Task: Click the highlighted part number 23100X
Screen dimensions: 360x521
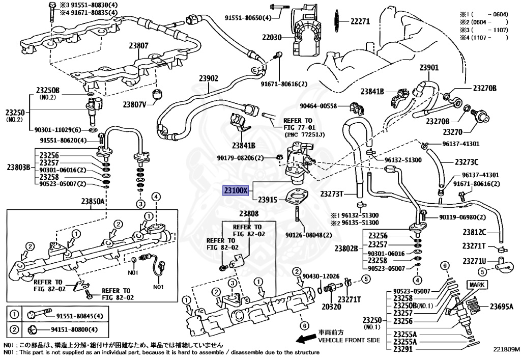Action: [x=235, y=191]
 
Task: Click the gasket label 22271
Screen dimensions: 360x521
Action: [x=359, y=21]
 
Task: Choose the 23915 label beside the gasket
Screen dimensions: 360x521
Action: [x=268, y=200]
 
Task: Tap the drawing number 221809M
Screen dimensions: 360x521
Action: [x=506, y=350]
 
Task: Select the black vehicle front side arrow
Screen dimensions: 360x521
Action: [x=305, y=339]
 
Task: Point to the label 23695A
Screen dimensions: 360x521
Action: [x=501, y=307]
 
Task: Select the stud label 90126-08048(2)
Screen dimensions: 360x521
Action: [x=308, y=235]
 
